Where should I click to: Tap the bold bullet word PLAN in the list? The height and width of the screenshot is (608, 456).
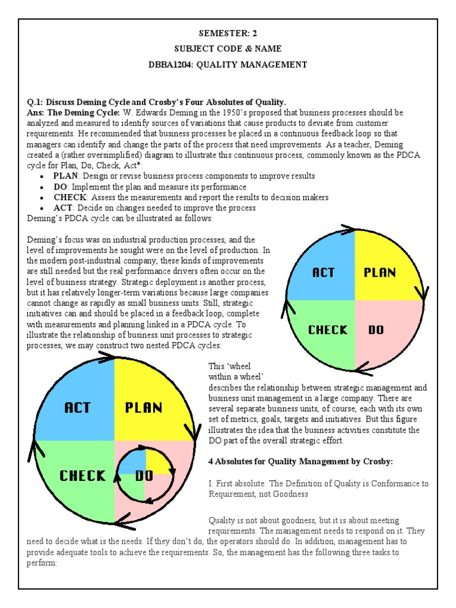click(65, 176)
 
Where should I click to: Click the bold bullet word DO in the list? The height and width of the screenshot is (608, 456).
click(61, 187)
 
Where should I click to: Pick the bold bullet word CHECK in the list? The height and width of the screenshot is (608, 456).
click(71, 197)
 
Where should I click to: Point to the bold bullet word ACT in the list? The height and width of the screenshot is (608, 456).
click(62, 208)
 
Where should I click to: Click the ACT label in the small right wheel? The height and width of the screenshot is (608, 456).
click(323, 273)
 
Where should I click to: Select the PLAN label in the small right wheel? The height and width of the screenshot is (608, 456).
click(379, 273)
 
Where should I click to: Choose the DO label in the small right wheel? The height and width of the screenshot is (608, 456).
click(376, 330)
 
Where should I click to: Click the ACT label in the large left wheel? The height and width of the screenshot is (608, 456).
click(77, 408)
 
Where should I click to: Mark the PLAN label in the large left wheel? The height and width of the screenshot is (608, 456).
click(144, 408)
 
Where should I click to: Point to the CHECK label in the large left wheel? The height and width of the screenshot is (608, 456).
click(83, 476)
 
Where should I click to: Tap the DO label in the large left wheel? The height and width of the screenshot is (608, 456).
click(145, 476)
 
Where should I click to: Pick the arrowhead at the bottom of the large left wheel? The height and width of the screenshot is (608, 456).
click(123, 522)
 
